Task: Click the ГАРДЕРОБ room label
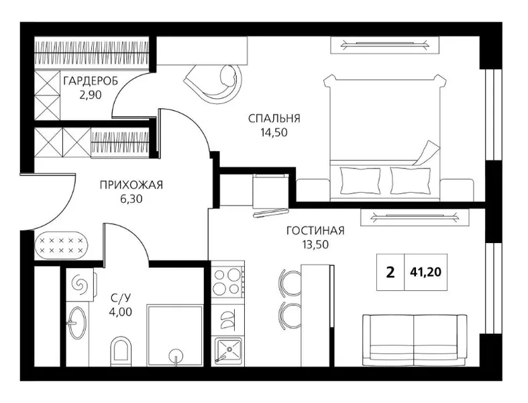91,81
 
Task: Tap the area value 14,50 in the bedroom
274,132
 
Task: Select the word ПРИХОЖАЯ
131,185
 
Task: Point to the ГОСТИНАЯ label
315,230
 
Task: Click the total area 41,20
425,272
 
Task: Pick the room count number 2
390,272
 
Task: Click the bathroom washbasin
77,322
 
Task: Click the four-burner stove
227,281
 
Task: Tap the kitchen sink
228,351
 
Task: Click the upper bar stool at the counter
291,282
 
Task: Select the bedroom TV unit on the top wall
385,45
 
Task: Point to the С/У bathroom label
120,298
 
